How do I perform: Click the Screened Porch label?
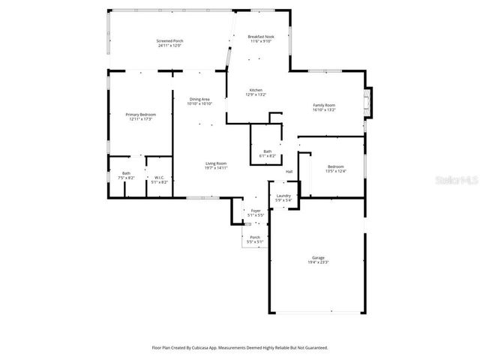tap(169, 40)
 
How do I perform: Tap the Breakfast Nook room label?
tap(261, 36)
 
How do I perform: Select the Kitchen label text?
tap(256, 90)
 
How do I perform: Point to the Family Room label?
tap(324, 105)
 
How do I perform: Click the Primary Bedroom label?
tap(140, 114)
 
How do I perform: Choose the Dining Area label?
tap(199, 99)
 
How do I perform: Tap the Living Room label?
tap(216, 163)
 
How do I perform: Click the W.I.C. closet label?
tap(159, 178)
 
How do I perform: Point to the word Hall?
tap(289, 172)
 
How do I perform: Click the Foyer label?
tap(256, 211)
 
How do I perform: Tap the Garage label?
tap(318, 257)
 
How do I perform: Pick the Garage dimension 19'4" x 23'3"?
tap(318, 262)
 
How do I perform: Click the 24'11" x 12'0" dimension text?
tap(169, 46)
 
